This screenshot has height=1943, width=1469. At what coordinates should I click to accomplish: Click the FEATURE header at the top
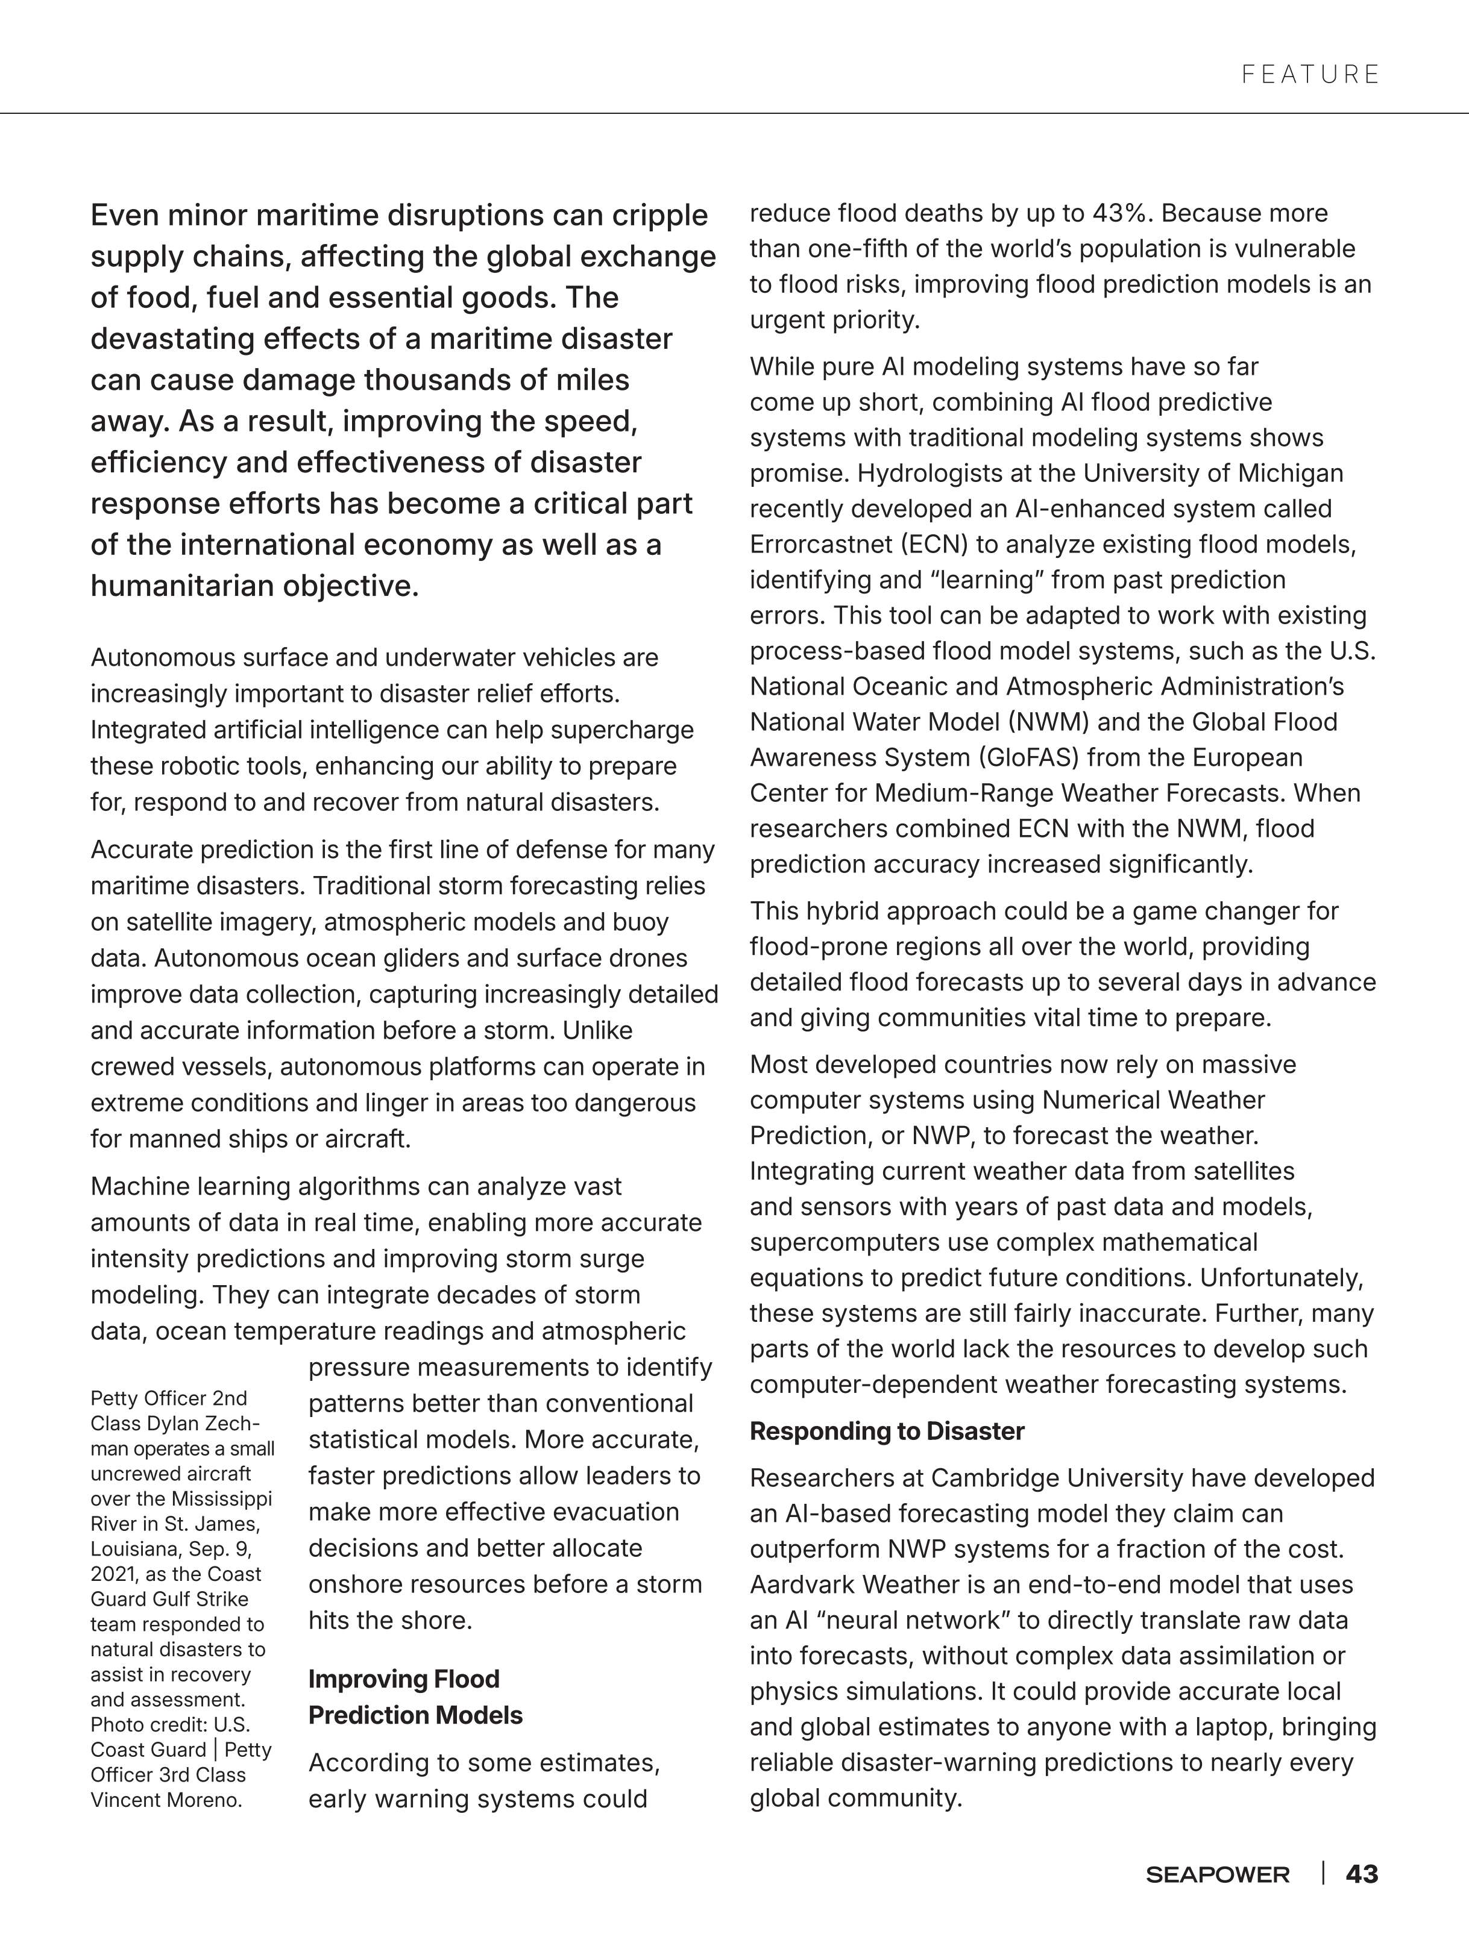1310,75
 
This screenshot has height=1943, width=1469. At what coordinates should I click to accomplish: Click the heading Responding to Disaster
887,1431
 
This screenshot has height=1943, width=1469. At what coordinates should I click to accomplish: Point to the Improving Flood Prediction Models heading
415,1696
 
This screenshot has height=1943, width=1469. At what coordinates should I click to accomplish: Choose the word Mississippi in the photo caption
221,1498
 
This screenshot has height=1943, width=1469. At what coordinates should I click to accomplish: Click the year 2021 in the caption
113,1574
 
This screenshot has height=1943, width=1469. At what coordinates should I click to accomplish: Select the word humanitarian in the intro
182,586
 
